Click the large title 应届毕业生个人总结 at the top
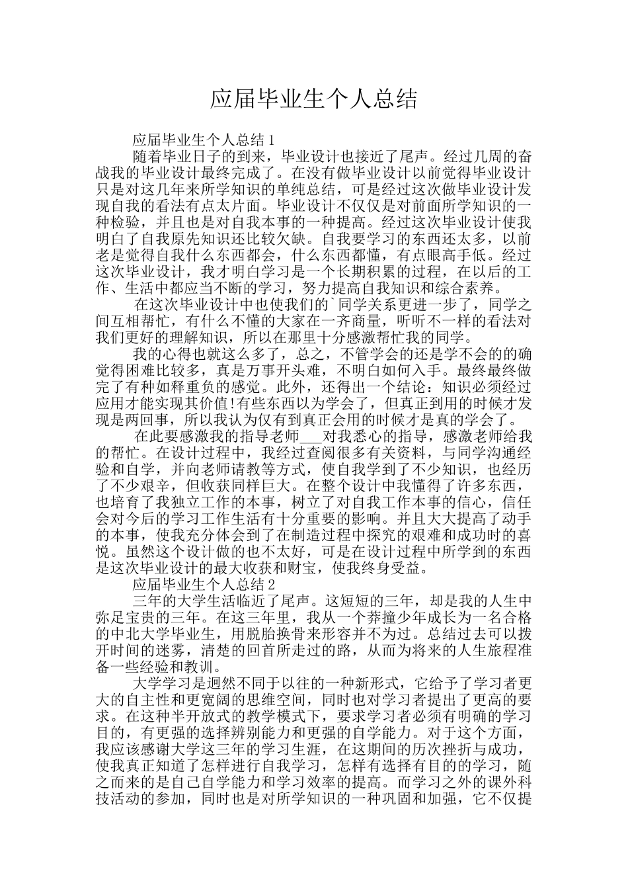click(314, 100)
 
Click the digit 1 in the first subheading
click(268, 140)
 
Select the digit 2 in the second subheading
click(268, 585)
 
